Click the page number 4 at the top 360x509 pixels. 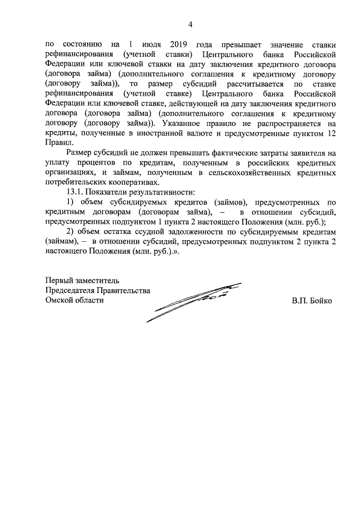tap(190, 24)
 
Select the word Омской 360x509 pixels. tap(62, 300)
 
